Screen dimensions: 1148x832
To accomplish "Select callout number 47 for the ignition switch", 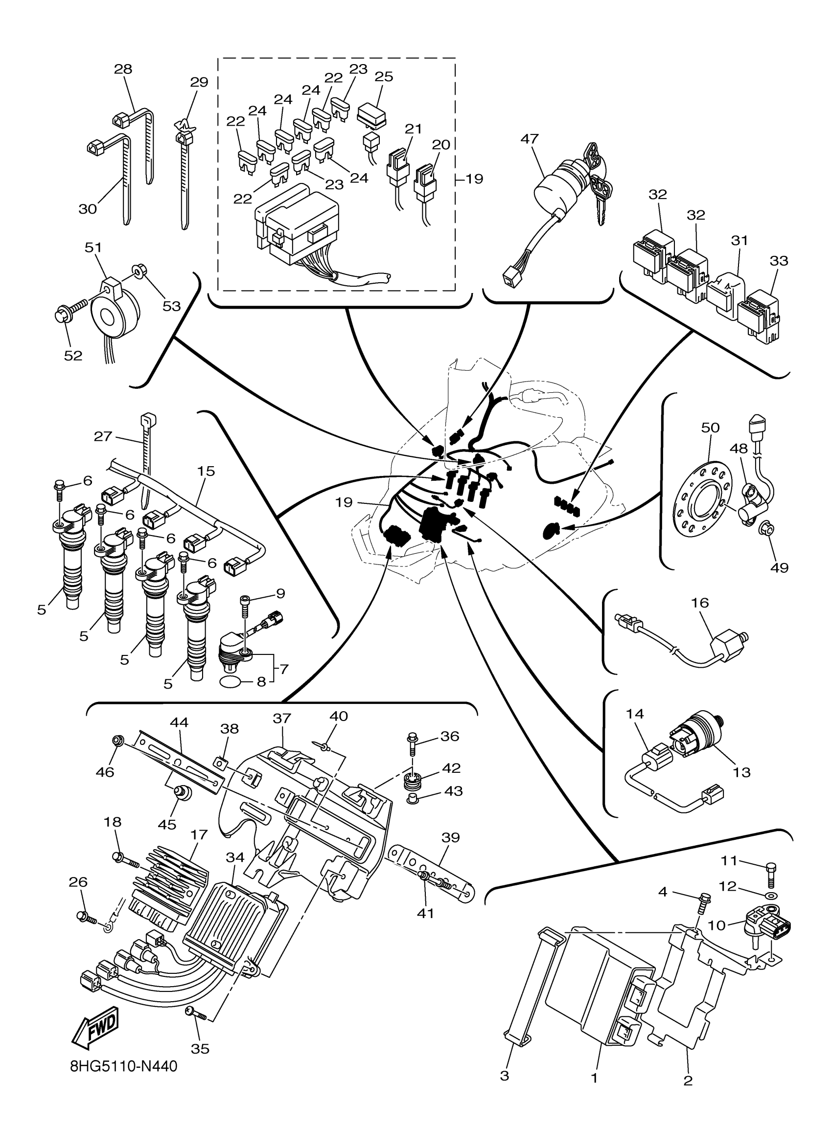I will (530, 139).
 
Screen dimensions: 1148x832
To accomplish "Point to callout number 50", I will (710, 427).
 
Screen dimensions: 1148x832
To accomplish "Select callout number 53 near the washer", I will (172, 306).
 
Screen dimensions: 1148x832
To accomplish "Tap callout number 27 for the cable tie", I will (103, 436).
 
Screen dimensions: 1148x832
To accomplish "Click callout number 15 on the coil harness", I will (206, 471).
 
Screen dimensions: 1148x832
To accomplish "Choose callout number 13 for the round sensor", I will (741, 772).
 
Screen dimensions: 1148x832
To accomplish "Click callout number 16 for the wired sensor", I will (700, 603).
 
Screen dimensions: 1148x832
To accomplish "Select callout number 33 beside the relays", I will (779, 261).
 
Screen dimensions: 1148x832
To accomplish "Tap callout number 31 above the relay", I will (740, 240).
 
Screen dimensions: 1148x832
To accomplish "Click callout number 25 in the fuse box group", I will (384, 76).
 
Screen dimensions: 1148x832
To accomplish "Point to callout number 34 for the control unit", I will (235, 857).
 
